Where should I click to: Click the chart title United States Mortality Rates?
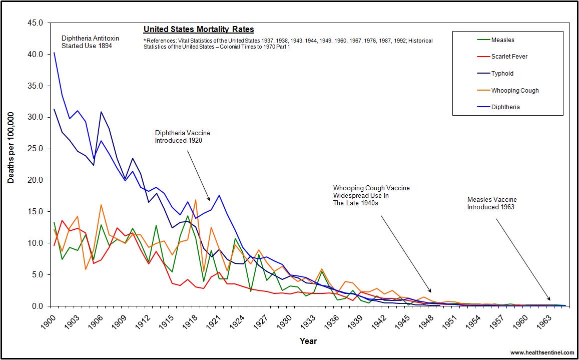click(x=199, y=30)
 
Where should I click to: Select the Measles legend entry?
click(x=502, y=40)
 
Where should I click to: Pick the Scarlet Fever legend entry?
click(x=509, y=57)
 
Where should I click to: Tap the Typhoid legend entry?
click(x=502, y=74)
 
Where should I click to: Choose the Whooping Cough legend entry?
click(x=515, y=91)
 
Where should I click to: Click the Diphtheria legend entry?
click(x=505, y=107)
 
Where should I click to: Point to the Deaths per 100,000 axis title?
click(x=11, y=148)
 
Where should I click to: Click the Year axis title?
click(x=308, y=341)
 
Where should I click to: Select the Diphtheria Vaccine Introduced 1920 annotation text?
click(x=182, y=137)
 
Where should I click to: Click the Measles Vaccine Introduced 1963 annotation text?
click(x=492, y=203)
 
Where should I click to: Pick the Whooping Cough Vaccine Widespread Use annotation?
click(x=371, y=195)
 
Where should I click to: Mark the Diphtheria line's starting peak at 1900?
click(x=54, y=53)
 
